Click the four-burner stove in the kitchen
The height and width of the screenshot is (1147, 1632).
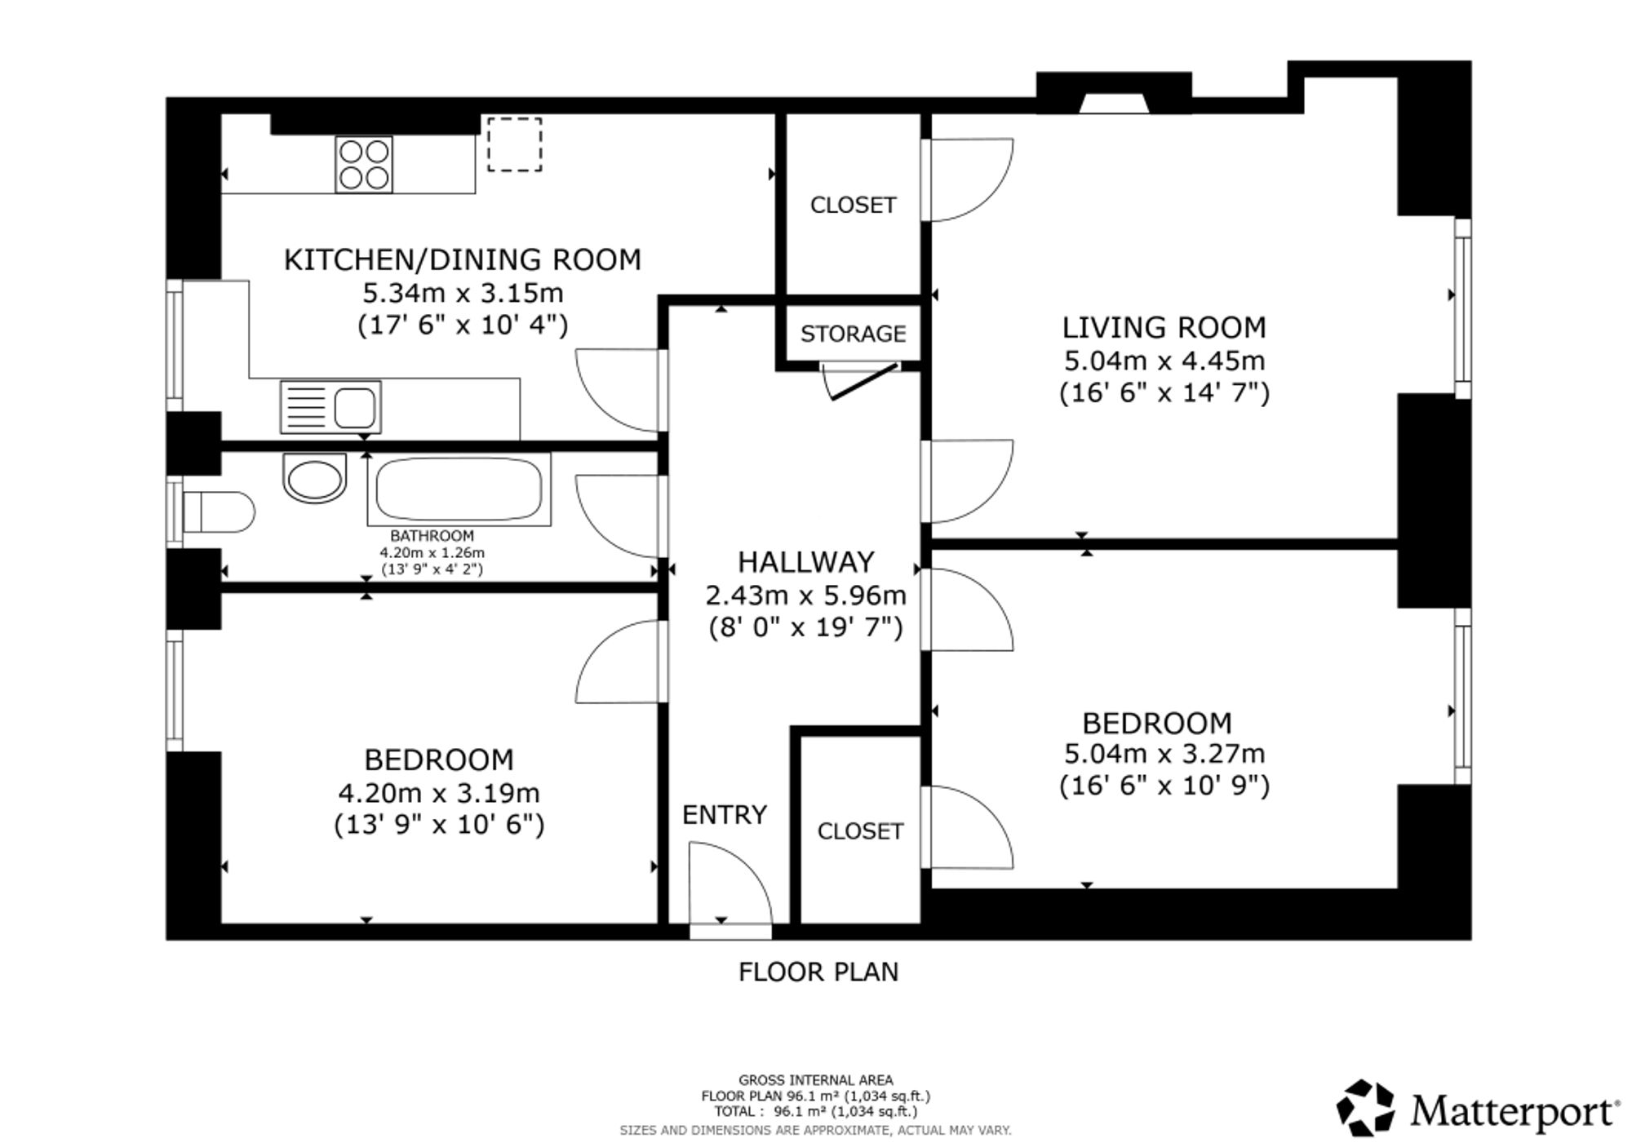[364, 165]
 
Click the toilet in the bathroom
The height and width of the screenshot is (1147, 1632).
[219, 511]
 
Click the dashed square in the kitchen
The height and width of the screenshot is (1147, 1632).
[515, 144]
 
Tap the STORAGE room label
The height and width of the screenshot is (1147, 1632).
[853, 334]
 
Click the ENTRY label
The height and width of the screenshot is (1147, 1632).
[725, 815]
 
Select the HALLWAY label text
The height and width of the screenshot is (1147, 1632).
[806, 562]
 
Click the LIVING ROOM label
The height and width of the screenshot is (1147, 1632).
[1164, 327]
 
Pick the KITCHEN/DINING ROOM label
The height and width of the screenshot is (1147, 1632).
[463, 259]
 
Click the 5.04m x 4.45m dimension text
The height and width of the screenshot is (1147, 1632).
[1164, 361]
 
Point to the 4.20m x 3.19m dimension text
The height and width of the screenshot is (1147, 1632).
[439, 793]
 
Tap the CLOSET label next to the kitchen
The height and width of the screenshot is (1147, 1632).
[853, 205]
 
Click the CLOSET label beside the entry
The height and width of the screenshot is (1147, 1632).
[860, 831]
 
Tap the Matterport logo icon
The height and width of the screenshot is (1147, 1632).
[1365, 1108]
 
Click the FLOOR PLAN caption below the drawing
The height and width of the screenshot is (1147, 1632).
[818, 972]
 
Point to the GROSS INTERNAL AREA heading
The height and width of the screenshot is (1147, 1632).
[816, 1080]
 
